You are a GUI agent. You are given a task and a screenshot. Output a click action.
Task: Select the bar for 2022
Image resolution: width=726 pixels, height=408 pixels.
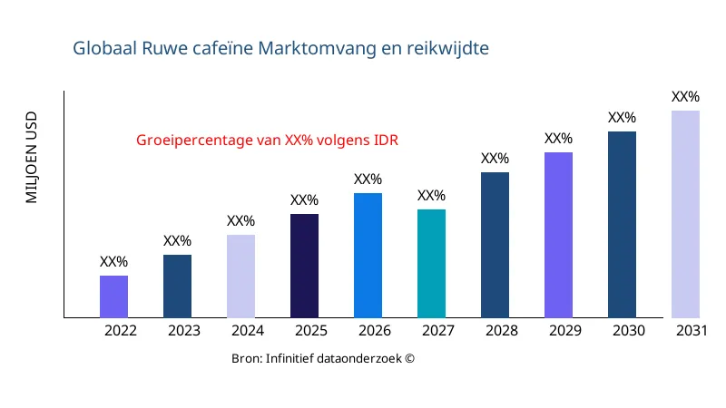click(x=113, y=296)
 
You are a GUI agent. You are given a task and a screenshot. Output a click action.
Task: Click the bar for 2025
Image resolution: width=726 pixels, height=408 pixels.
click(x=304, y=266)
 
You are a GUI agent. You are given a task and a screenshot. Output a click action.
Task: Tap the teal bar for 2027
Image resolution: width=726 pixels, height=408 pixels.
click(x=431, y=264)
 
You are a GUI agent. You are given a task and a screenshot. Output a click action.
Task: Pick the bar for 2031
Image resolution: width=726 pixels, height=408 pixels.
click(x=685, y=214)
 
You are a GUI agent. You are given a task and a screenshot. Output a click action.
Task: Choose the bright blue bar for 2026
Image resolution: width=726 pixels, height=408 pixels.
click(x=368, y=256)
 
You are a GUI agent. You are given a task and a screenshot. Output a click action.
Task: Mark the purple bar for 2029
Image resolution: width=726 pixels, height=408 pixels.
click(x=558, y=235)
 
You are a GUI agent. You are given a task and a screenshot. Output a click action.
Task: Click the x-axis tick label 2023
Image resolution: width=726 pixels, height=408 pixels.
click(x=184, y=331)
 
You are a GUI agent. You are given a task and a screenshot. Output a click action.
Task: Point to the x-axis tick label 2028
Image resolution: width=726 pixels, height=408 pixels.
click(x=502, y=331)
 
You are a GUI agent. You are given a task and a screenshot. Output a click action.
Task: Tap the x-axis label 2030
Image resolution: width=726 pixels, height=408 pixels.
click(x=629, y=331)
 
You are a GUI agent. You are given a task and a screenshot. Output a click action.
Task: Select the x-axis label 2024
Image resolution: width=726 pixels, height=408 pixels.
click(x=248, y=331)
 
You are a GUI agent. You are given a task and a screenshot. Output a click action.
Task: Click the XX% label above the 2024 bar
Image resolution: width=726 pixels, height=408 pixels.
click(x=240, y=221)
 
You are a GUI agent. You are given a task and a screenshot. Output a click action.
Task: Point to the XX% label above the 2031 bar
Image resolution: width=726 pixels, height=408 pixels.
click(x=685, y=97)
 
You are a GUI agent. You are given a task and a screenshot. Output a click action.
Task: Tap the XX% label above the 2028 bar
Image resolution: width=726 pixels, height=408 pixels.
click(x=495, y=159)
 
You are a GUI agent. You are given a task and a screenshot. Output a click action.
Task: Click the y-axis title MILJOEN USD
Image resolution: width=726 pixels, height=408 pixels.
click(x=32, y=157)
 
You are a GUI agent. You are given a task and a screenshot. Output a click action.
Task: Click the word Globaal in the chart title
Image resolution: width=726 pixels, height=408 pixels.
click(x=105, y=48)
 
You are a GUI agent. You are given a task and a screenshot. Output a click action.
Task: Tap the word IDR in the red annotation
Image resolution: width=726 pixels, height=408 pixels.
click(x=387, y=141)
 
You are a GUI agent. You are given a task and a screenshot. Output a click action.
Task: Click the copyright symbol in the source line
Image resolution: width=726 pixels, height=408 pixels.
click(x=409, y=359)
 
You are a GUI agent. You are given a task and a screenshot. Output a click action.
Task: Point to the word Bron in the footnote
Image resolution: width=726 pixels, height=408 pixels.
click(x=246, y=359)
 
